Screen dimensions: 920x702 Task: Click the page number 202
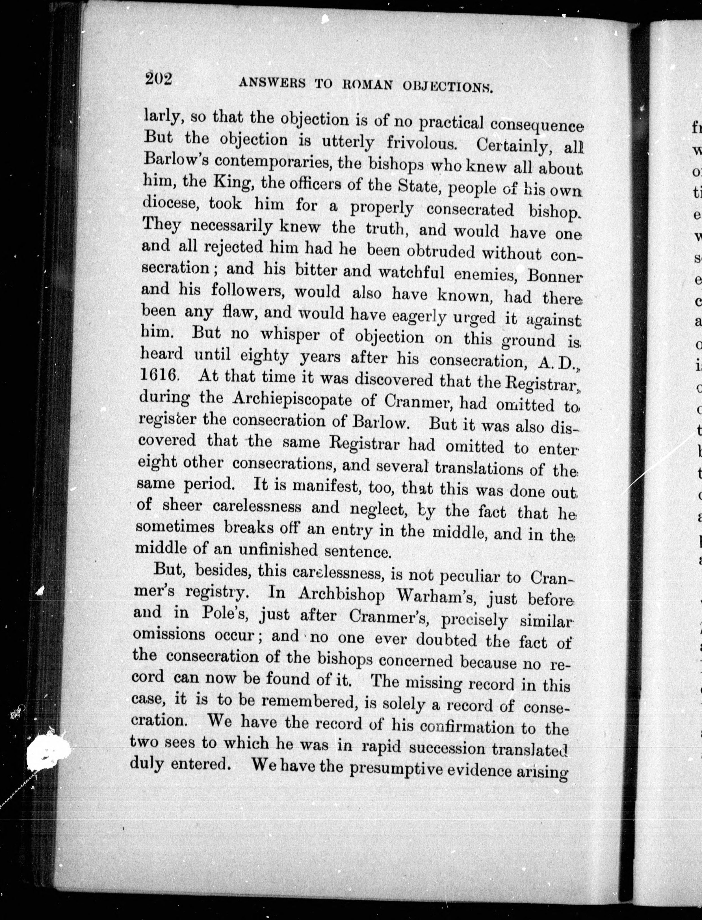pyautogui.click(x=159, y=79)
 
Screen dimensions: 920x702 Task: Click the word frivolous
pyautogui.click(x=420, y=143)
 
